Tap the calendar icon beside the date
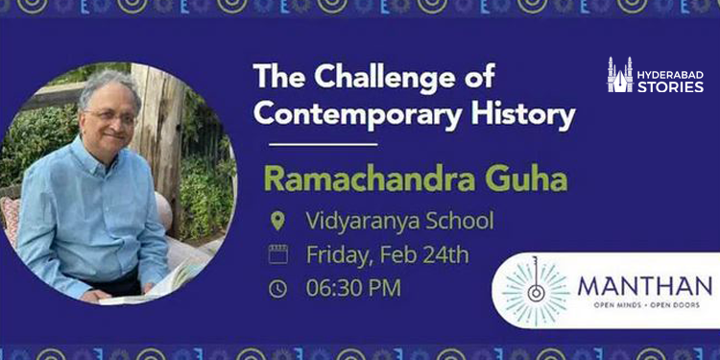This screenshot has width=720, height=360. (x=278, y=255)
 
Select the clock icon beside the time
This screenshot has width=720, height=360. (x=278, y=288)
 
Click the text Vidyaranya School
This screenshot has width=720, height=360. (x=399, y=222)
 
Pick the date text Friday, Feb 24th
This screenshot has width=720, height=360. (x=387, y=255)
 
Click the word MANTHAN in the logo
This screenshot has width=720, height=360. (x=644, y=285)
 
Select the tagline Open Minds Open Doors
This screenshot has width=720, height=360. (x=644, y=305)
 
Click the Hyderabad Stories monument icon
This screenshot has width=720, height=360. (x=620, y=75)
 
